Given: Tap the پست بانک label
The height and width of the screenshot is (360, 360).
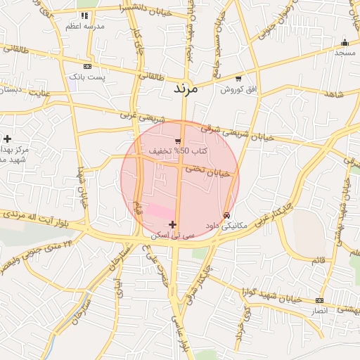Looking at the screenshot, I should point(87,76).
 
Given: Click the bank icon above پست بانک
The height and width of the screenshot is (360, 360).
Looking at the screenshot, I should point(87,66).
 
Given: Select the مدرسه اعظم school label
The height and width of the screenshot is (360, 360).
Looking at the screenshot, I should point(85,25).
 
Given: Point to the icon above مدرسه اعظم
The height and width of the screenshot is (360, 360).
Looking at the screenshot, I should point(85,15).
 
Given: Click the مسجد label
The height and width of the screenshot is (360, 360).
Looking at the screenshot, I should point(345,52).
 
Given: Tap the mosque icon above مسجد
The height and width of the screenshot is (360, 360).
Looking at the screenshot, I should point(345,42).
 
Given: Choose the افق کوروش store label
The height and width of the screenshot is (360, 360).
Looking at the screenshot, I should point(239,89).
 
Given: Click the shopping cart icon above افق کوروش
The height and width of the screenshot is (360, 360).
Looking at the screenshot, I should point(239,79).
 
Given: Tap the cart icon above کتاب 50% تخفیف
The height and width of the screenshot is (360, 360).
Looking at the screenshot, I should point(178,141).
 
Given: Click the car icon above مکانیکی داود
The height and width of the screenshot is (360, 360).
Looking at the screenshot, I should point(226,215).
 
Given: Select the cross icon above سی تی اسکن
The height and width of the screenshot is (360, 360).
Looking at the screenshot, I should point(172,224).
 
